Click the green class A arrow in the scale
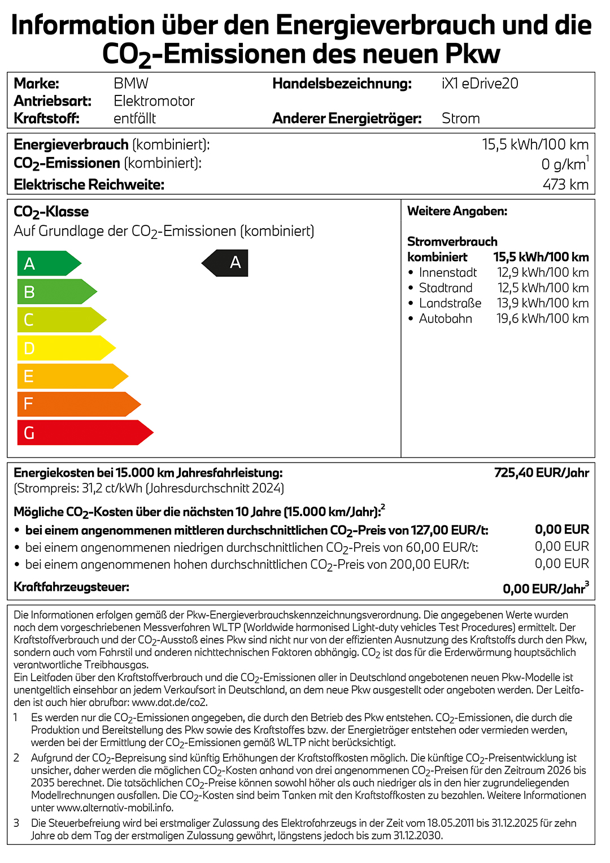(49, 263)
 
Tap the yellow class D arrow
(66, 348)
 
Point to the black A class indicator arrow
(226, 263)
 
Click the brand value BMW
(131, 84)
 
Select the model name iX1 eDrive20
(480, 84)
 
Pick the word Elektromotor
(154, 101)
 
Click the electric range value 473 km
(565, 185)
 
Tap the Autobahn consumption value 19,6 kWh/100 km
(542, 319)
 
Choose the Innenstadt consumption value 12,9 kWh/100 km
(542, 273)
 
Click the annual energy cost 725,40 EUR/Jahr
(541, 473)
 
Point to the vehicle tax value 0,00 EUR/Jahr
(543, 589)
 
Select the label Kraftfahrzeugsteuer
(72, 587)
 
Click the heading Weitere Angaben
(457, 211)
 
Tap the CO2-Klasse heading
(51, 212)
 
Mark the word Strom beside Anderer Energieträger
(461, 119)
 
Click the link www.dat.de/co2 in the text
(169, 703)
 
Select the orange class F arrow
(79, 404)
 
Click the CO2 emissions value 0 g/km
(563, 164)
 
